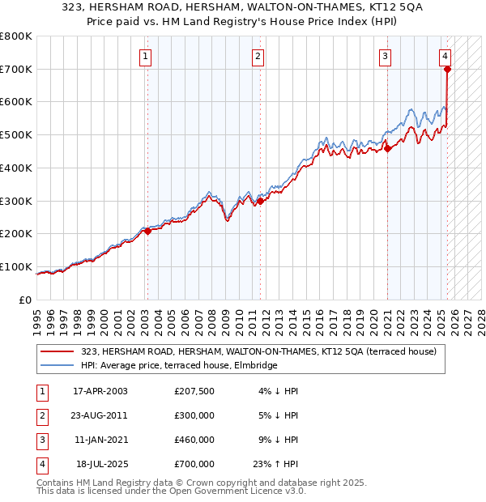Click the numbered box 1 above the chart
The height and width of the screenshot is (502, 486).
click(x=144, y=56)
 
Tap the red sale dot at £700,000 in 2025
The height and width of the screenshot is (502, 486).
click(x=447, y=70)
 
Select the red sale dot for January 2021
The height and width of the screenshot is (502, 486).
click(x=387, y=148)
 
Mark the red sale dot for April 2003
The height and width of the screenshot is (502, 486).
click(x=147, y=232)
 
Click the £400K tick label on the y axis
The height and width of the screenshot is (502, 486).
click(x=16, y=168)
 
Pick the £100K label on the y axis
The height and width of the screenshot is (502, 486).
click(x=16, y=266)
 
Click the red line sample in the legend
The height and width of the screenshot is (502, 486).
click(x=58, y=351)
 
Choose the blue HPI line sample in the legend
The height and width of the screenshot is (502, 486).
click(x=58, y=366)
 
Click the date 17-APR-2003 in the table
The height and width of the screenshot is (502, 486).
click(x=100, y=391)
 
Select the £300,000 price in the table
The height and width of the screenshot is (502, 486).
click(x=194, y=415)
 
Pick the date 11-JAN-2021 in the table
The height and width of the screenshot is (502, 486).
click(x=100, y=440)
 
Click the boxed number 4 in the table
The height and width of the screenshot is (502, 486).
click(x=40, y=464)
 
